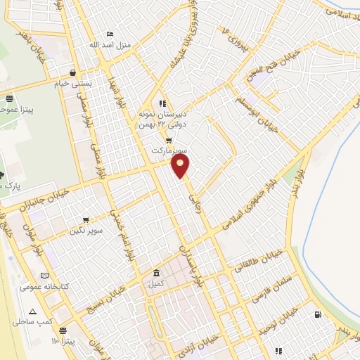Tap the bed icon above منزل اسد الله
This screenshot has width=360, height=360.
pos(109,33)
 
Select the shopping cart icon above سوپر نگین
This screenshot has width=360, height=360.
pos(86,220)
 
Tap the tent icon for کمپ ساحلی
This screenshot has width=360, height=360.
pos(32,311)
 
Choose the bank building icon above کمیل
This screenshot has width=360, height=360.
pos(156,274)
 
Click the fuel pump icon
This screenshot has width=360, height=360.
pos(319,314)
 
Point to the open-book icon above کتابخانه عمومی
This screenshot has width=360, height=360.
pos(45,276)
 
